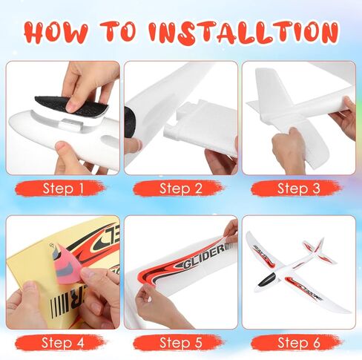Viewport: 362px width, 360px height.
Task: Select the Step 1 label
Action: coord(63,188)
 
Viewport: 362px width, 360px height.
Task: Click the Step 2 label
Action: coord(180,188)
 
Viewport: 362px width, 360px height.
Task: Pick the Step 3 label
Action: coord(298,188)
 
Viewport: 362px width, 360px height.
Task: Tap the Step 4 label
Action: coord(63,342)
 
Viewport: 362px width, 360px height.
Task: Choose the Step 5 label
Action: coord(180,342)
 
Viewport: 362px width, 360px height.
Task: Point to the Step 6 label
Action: coord(298,342)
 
